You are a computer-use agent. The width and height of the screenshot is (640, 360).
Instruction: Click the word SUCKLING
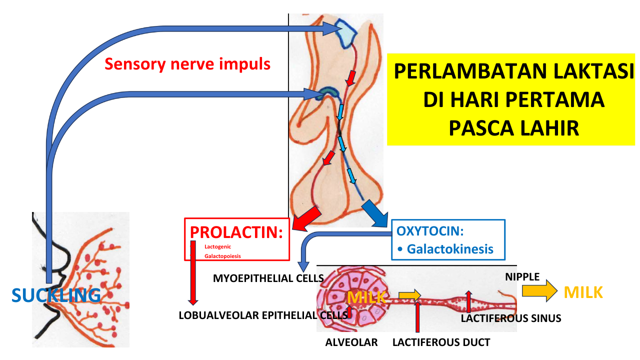pyautogui.click(x=55, y=295)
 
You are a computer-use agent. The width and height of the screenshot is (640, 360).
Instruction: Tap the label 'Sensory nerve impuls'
pyautogui.click(x=187, y=63)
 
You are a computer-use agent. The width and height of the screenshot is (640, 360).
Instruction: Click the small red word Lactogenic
pyautogui.click(x=217, y=246)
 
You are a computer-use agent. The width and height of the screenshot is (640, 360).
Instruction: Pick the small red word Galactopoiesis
pyautogui.click(x=222, y=256)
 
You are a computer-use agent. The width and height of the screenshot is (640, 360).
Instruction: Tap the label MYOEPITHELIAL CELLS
pyautogui.click(x=268, y=278)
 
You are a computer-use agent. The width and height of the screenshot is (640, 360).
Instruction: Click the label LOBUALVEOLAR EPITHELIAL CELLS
pyautogui.click(x=263, y=315)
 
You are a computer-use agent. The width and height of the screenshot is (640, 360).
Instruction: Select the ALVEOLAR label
pyautogui.click(x=351, y=342)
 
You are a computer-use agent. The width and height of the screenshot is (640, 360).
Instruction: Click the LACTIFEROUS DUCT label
pyautogui.click(x=441, y=342)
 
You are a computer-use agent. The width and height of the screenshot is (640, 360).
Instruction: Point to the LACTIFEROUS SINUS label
pyautogui.click(x=511, y=318)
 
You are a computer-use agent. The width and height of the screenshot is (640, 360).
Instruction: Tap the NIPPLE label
pyautogui.click(x=522, y=277)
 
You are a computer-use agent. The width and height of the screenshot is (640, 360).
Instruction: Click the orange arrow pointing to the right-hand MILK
pyautogui.click(x=539, y=290)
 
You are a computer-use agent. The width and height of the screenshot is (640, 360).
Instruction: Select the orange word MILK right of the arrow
pyautogui.click(x=583, y=292)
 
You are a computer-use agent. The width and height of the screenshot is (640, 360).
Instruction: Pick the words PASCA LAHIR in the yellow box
pyautogui.click(x=513, y=128)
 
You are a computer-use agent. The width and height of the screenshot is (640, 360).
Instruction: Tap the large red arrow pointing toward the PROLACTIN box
pyautogui.click(x=307, y=218)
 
